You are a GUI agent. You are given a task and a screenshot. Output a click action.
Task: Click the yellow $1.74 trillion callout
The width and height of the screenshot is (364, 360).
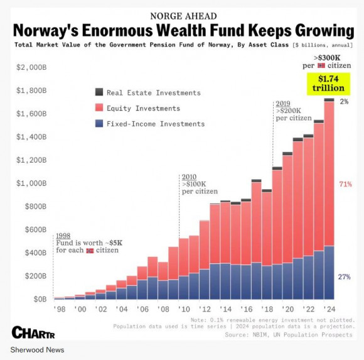pos(328,84)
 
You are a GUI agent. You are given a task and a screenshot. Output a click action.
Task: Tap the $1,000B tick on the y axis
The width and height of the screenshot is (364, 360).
pos(31,183)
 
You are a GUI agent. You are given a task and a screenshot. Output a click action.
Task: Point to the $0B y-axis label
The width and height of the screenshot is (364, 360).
pos(40,299)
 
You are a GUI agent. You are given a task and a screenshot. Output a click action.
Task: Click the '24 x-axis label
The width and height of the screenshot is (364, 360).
pos(329,309)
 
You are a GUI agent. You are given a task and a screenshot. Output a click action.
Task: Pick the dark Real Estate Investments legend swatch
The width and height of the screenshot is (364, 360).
pos(99,92)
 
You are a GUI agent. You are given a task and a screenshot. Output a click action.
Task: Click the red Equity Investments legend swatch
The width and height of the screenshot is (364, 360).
pos(99,107)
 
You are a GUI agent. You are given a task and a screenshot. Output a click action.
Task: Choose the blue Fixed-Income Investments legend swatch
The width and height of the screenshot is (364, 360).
pos(99,123)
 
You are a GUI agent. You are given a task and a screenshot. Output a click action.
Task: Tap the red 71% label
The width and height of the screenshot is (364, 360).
pos(345,184)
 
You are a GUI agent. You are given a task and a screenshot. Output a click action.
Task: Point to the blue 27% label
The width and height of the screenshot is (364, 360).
pos(345,277)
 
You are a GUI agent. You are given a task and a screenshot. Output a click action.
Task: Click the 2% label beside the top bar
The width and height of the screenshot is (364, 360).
pos(345,101)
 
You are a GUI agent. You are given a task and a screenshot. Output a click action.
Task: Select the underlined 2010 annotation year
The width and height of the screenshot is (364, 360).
pos(189,177)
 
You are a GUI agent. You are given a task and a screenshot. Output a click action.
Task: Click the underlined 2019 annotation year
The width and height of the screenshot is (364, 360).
pos(283,104)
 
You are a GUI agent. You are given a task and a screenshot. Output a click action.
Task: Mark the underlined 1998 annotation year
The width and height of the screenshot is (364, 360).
pos(63,236)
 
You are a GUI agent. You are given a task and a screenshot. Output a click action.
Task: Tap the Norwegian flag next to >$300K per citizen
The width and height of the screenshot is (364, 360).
pos(321,65)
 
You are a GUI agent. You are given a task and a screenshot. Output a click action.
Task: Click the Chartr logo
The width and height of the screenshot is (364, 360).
pos(33,332)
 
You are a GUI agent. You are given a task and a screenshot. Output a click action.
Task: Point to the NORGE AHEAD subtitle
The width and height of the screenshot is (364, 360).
pos(184,16)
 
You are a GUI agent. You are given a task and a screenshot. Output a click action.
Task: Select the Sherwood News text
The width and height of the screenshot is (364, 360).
pos(37,350)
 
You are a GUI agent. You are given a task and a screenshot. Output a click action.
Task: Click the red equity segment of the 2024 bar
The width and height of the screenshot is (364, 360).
pos(329,173)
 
